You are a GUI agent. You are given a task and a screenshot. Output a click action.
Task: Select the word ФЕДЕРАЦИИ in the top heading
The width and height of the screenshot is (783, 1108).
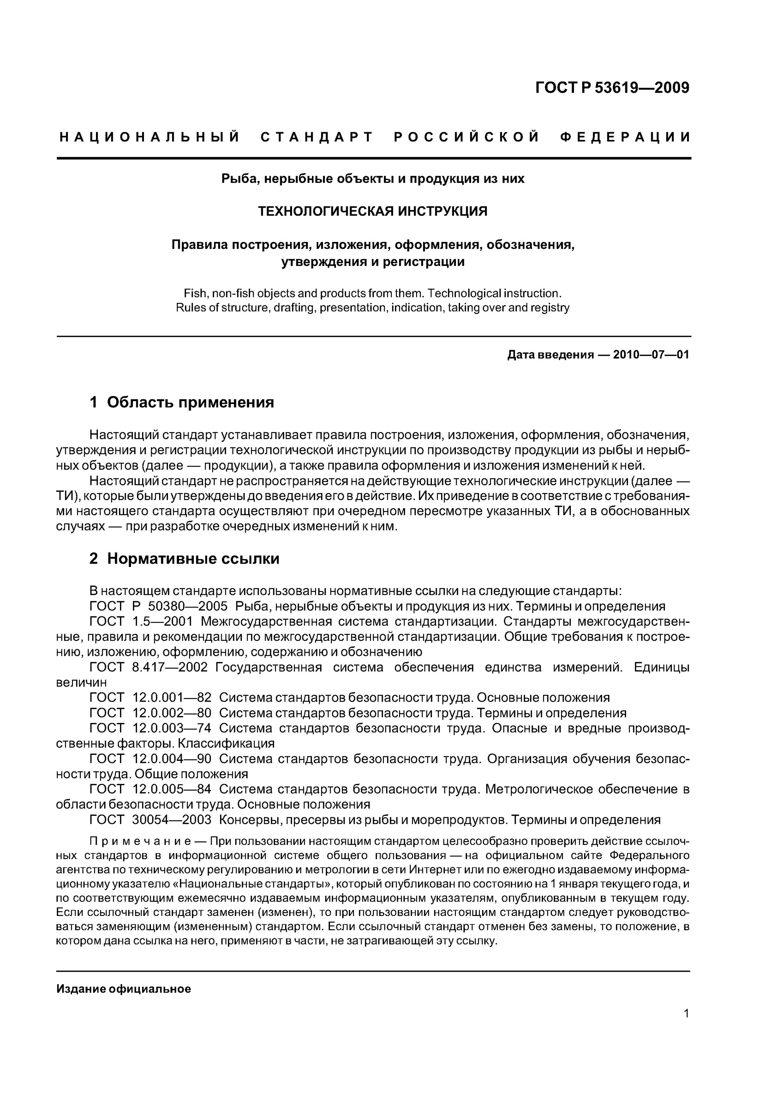(x=625, y=137)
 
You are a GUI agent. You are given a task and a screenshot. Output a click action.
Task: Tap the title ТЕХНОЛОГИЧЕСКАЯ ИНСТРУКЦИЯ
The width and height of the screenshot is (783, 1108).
(x=372, y=211)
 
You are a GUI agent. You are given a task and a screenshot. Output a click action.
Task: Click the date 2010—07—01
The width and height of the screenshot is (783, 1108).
(x=651, y=355)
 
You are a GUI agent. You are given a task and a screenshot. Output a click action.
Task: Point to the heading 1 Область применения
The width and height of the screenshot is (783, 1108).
(x=182, y=402)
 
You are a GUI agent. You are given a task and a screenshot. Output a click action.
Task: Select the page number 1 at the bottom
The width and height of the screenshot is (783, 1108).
(x=686, y=1013)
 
